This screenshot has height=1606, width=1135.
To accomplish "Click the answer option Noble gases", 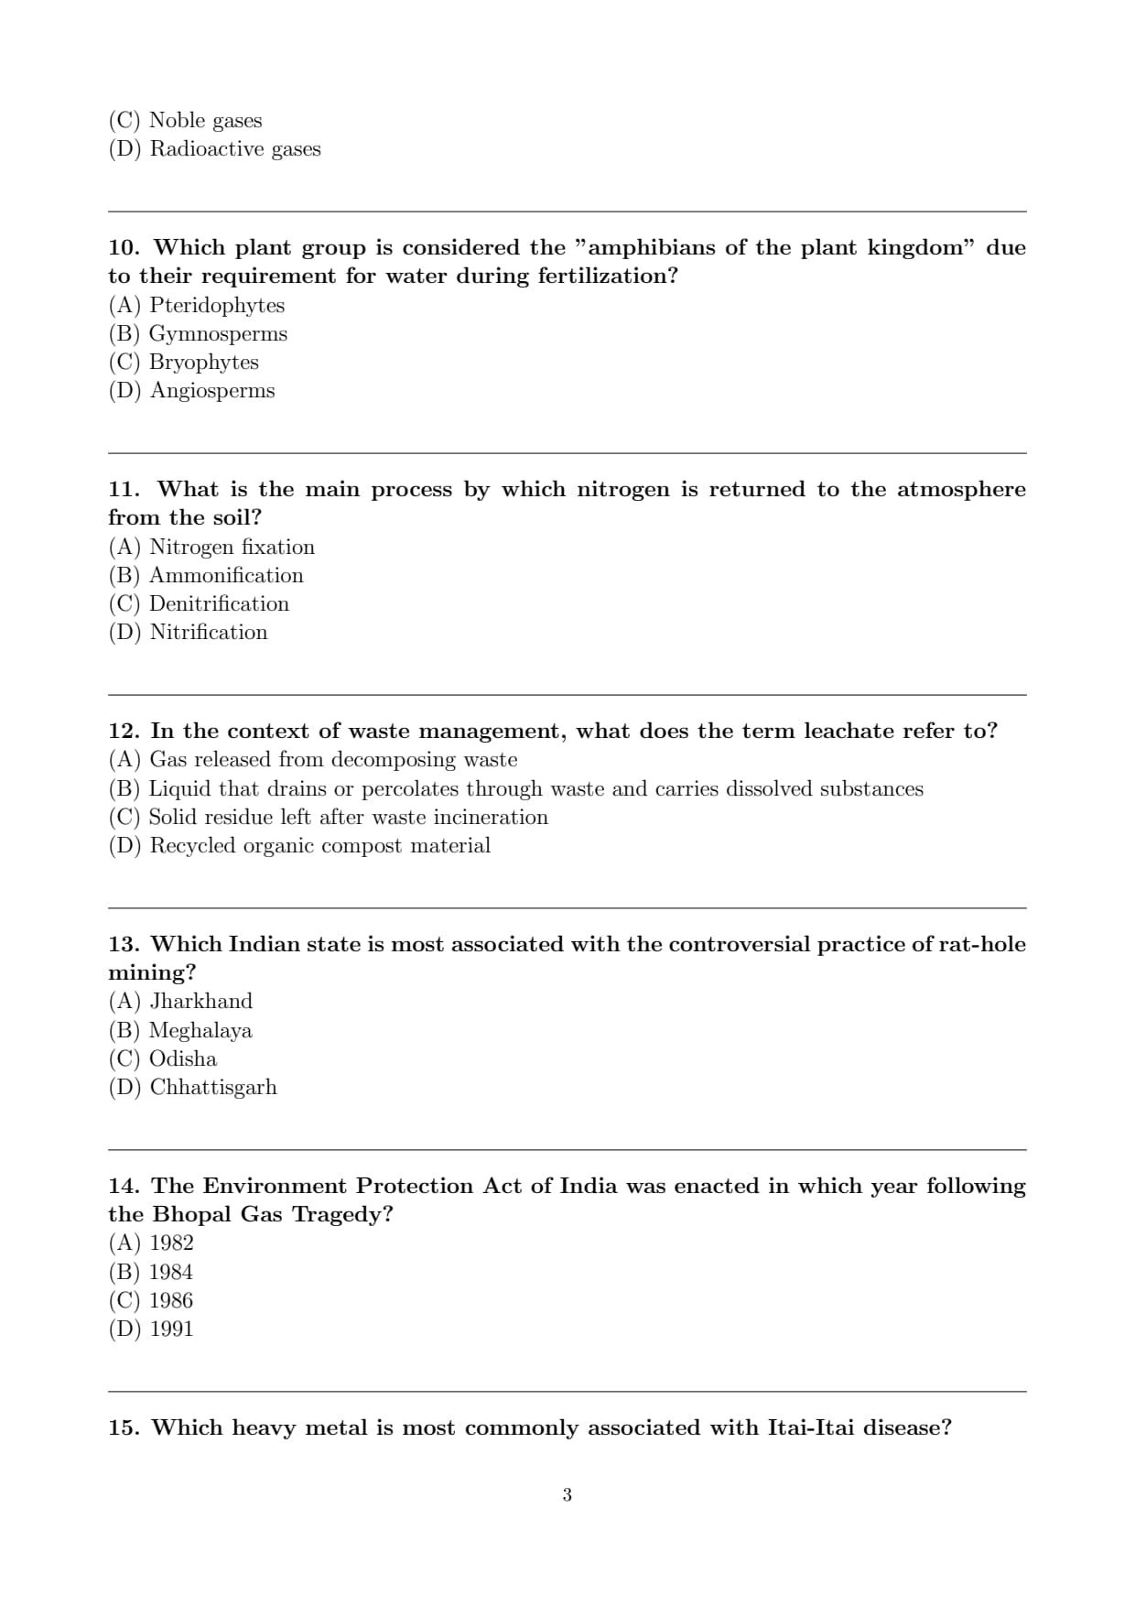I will tap(205, 121).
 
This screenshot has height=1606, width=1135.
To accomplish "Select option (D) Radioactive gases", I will tap(235, 149).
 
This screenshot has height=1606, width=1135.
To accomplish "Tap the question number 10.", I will tap(124, 248).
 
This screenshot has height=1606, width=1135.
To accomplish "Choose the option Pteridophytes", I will tap(217, 306).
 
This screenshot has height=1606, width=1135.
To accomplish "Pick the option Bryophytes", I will tap(203, 363).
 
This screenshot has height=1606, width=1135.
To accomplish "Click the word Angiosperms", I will tap(212, 391).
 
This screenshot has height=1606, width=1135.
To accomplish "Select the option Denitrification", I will tap(219, 604).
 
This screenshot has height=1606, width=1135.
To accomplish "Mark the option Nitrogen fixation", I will tap(232, 548).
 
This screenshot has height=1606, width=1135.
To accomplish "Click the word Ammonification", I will tap(226, 576).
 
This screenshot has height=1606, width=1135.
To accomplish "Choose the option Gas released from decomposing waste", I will tap(333, 760).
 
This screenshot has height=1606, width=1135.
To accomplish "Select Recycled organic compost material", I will tap(319, 846).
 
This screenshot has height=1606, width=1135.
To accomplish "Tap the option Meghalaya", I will tap(200, 1031).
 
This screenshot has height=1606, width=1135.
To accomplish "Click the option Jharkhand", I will tap(200, 1002).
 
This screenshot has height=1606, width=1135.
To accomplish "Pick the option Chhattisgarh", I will tap(213, 1088).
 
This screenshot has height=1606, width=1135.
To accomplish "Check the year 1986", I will tap(171, 1301).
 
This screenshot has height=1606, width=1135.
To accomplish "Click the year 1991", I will tap(171, 1329).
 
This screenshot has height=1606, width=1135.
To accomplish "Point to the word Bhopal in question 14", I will tap(192, 1215).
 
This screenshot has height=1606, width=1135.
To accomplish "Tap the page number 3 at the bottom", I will tap(567, 1495).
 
